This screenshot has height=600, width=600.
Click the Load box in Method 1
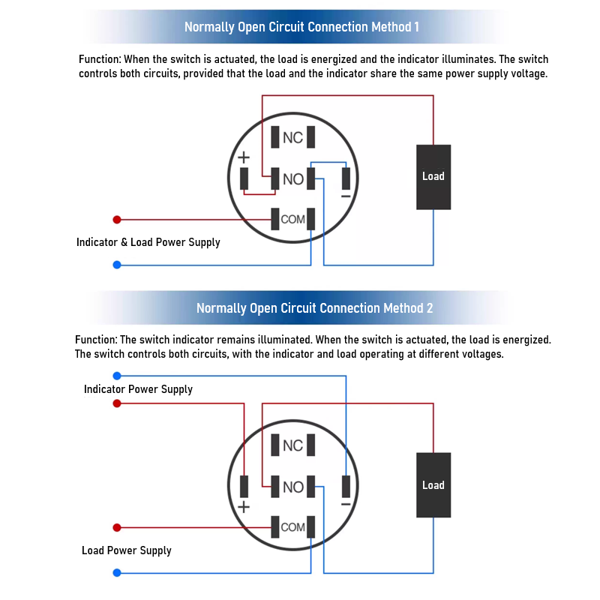pos(433,177)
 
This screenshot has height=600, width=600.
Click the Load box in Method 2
pos(433,485)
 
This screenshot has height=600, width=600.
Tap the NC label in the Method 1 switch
pos(293,138)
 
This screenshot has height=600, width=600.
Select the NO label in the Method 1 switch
pos(293,179)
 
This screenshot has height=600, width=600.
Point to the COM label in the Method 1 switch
pos(293,220)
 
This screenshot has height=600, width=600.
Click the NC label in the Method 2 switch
pos(293,446)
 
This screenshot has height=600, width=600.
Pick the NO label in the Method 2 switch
pos(293,487)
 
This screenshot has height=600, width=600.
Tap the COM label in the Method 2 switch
pos(293,527)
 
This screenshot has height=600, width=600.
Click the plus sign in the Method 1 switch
pos(244,158)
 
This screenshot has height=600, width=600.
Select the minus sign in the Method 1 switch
pos(346,196)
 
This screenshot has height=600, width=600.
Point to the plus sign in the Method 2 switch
pos(244,507)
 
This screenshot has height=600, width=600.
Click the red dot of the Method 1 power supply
pos(116,220)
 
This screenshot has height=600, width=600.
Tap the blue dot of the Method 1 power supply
pos(116,265)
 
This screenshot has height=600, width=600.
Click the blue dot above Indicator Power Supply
pos(116,376)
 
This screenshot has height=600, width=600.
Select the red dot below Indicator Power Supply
pos(116,403)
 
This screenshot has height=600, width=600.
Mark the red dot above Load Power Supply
pos(116,527)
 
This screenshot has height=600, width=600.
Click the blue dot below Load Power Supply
pos(116,573)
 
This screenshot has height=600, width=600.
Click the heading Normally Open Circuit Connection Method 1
pos(301,28)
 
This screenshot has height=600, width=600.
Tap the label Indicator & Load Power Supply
pos(148,242)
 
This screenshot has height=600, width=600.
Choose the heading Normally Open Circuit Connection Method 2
pos(314,308)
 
